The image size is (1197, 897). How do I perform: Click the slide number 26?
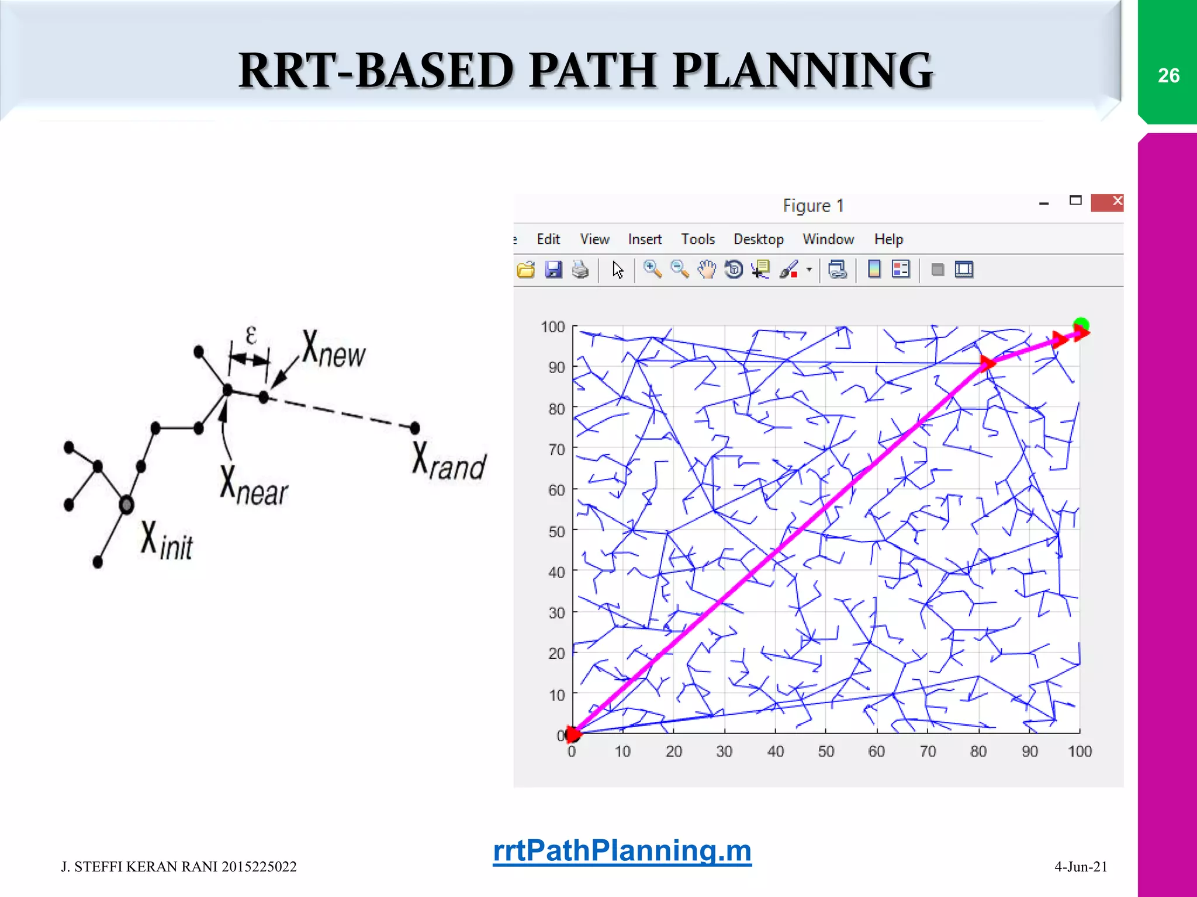(x=1168, y=76)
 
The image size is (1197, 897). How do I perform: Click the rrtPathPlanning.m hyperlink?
(x=622, y=850)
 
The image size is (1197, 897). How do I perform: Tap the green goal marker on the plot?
(x=1081, y=324)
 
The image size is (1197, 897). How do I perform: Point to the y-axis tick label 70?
(x=556, y=450)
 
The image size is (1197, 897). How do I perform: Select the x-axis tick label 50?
(x=826, y=752)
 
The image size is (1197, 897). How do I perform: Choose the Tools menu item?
(x=697, y=239)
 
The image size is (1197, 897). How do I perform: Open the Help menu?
(x=888, y=239)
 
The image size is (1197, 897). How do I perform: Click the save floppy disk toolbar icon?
(x=553, y=270)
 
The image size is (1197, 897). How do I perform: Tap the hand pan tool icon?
(x=707, y=270)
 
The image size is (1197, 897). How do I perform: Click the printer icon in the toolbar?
(x=580, y=270)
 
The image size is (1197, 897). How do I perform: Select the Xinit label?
(x=167, y=541)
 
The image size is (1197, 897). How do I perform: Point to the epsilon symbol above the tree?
(x=251, y=336)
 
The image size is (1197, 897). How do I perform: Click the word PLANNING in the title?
(x=802, y=71)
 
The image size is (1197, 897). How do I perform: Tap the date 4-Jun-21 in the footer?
(x=1081, y=867)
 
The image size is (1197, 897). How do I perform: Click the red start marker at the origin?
(x=573, y=734)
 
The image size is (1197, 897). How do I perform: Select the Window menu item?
(x=828, y=239)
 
